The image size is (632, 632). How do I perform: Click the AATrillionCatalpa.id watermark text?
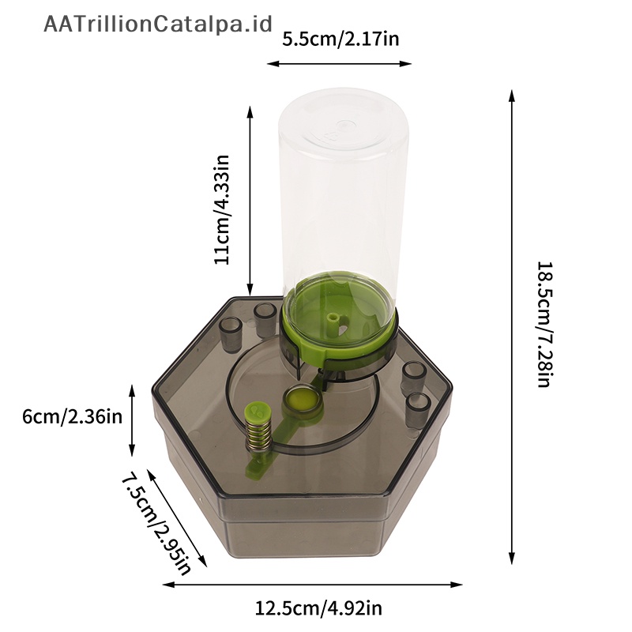(x=158, y=24)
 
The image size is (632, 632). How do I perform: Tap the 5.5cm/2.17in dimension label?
(x=340, y=39)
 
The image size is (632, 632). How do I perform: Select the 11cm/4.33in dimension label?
(x=221, y=209)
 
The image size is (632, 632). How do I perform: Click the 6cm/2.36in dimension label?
(x=72, y=416)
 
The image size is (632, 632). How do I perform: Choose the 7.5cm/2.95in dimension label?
(x=156, y=525)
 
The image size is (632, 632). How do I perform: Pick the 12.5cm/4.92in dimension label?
(x=318, y=608)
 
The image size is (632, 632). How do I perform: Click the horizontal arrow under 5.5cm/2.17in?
(x=340, y=63)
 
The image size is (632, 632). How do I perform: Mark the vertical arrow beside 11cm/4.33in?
(x=250, y=201)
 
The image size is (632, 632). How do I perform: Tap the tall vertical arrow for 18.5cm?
(x=512, y=327)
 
